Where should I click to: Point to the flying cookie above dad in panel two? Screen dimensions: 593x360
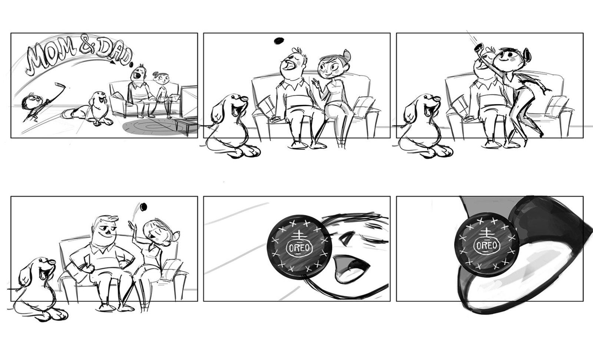point(279,41)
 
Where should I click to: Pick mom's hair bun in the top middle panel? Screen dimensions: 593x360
point(347,54)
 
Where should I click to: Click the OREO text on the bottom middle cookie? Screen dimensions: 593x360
point(300,247)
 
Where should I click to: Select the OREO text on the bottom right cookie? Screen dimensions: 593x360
point(487,246)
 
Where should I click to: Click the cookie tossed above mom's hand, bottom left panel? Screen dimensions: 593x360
point(143,207)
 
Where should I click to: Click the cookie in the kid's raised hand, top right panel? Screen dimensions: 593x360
point(478,48)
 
